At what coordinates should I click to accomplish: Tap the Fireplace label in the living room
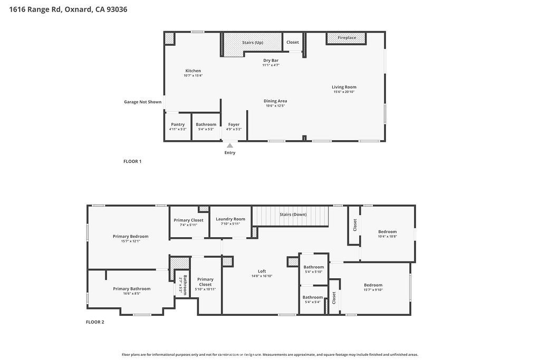[346, 38]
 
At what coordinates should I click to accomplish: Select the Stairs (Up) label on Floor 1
[253, 42]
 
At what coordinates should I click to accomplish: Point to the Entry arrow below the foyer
[229, 145]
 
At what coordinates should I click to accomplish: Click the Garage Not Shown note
[142, 102]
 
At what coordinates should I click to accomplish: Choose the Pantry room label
[178, 124]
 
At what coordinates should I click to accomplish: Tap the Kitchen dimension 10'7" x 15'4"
[193, 75]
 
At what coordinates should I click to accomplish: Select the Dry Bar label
[271, 61]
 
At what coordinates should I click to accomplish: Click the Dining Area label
[275, 101]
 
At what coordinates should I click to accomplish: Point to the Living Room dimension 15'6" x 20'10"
[344, 92]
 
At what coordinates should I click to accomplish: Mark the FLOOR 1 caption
[132, 161]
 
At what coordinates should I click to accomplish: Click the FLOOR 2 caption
[95, 322]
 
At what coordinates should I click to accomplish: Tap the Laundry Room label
[230, 219]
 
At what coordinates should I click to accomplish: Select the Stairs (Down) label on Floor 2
[293, 215]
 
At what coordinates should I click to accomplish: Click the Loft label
[262, 271]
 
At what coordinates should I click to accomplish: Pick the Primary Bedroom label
[130, 236]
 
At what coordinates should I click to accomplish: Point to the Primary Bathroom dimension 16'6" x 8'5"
[131, 293]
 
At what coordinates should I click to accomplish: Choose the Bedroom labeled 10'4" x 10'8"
[387, 231]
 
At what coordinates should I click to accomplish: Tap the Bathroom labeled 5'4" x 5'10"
[313, 267]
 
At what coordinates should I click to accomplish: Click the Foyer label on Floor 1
[234, 124]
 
